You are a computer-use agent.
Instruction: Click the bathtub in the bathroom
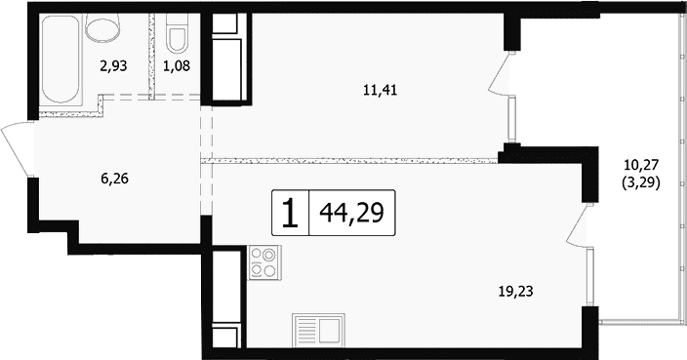61,60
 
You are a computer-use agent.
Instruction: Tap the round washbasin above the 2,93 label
103,27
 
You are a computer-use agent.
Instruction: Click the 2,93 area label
112,66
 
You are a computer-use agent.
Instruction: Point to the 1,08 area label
176,66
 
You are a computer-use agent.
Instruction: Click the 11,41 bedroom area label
380,91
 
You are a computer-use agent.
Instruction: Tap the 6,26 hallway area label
114,179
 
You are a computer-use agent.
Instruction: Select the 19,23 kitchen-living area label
515,292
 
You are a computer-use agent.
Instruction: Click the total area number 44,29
352,214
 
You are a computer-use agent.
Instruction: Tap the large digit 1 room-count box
290,214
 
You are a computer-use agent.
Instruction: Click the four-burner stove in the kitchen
264,262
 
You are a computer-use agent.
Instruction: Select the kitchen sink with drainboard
318,330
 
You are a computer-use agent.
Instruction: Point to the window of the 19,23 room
590,277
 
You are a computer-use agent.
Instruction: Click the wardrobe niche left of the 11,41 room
227,57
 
